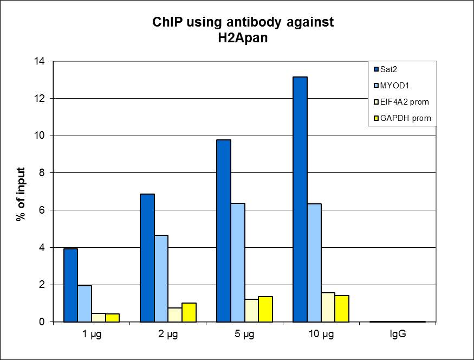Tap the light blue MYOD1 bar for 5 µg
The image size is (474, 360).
[x=238, y=262]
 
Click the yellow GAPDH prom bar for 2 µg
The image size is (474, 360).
[x=189, y=312]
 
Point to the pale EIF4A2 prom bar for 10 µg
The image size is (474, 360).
[x=328, y=307]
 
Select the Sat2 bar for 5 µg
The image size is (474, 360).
[x=224, y=230]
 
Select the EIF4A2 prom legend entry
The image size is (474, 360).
[x=404, y=101]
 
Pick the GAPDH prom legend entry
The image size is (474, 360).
[x=402, y=118]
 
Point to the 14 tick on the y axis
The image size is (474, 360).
[x=39, y=61]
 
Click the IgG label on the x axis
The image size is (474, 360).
[x=398, y=335]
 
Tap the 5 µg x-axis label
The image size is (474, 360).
[x=244, y=335]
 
